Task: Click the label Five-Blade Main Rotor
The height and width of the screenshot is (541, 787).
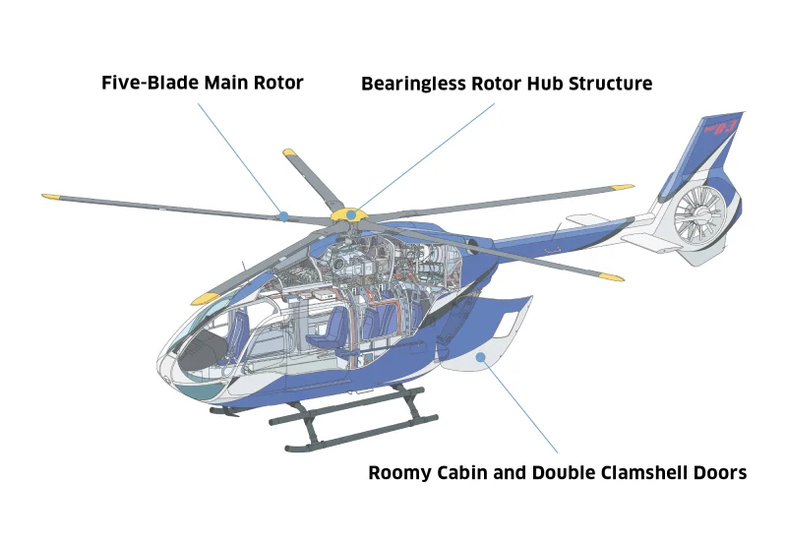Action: click(x=203, y=83)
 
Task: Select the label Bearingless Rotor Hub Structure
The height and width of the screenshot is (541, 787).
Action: click(x=507, y=84)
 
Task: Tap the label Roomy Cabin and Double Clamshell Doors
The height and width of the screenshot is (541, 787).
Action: click(x=558, y=473)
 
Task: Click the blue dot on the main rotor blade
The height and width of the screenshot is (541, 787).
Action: click(x=283, y=214)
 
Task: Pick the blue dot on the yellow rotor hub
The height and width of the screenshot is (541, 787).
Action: click(x=352, y=212)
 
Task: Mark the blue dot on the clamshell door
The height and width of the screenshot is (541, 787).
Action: click(x=481, y=357)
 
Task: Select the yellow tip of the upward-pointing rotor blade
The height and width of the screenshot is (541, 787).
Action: click(x=290, y=153)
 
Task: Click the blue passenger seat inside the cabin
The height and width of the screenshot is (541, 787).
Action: click(x=325, y=330)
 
